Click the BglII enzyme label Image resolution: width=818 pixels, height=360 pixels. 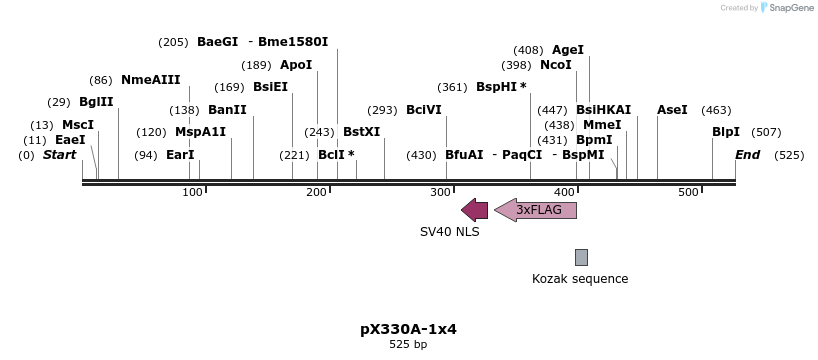click(x=96, y=102)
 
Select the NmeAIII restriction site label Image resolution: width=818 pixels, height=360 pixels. click(x=150, y=80)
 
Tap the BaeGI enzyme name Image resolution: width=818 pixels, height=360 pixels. click(x=217, y=42)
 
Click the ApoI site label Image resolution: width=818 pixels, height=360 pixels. click(x=296, y=65)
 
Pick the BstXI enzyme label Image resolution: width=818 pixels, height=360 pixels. click(x=361, y=132)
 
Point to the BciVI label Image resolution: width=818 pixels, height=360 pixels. click(x=423, y=110)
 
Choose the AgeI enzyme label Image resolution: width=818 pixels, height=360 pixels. click(x=567, y=50)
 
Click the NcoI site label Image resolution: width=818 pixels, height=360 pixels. click(x=555, y=65)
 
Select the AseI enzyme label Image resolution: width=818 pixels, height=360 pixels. click(x=672, y=110)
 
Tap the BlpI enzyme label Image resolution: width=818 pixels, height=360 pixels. click(x=726, y=132)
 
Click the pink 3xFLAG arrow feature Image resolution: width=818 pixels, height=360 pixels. click(x=536, y=210)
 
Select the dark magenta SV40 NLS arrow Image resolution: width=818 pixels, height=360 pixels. click(x=474, y=210)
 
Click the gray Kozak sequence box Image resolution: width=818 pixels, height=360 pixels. click(x=581, y=257)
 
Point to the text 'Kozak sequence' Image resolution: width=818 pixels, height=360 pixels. click(x=580, y=279)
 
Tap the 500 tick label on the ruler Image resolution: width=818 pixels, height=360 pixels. click(x=688, y=192)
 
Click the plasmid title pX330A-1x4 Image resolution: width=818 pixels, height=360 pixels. click(x=408, y=329)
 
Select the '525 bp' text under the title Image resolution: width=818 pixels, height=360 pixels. click(x=408, y=345)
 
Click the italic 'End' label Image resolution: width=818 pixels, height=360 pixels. click(x=747, y=155)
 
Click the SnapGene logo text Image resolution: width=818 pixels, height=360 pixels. click(x=791, y=8)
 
